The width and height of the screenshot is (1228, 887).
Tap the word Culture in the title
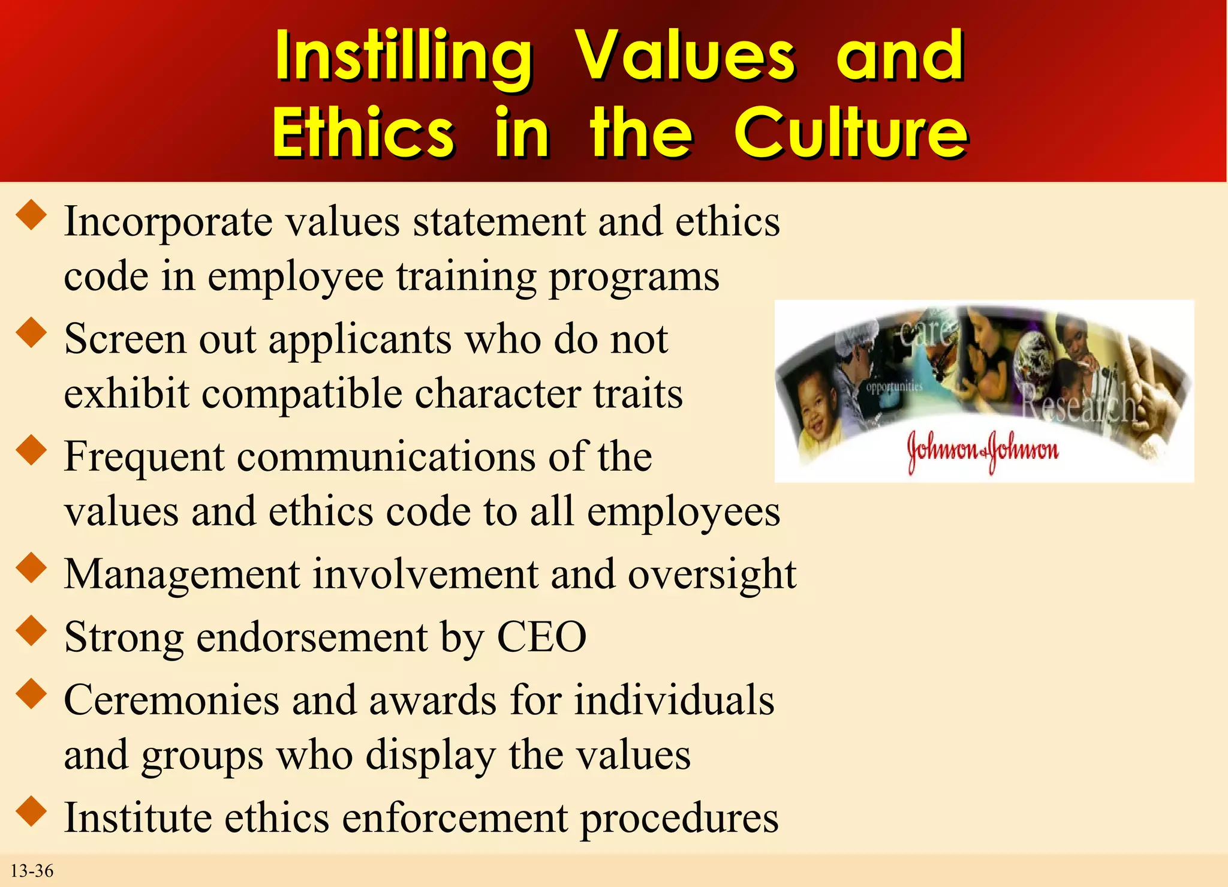tap(850, 133)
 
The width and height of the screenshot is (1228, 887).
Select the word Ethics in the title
tap(363, 133)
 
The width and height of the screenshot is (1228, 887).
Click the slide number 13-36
tap(32, 870)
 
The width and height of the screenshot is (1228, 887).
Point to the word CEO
tap(541, 637)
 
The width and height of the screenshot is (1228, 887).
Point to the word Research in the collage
tap(1078, 404)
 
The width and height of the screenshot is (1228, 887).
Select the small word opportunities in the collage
tap(894, 387)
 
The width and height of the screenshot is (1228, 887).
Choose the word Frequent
tap(145, 457)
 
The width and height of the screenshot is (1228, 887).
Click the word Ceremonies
tap(171, 700)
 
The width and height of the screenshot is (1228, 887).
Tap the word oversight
tap(712, 575)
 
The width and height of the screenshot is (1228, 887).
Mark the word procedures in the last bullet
tap(679, 818)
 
